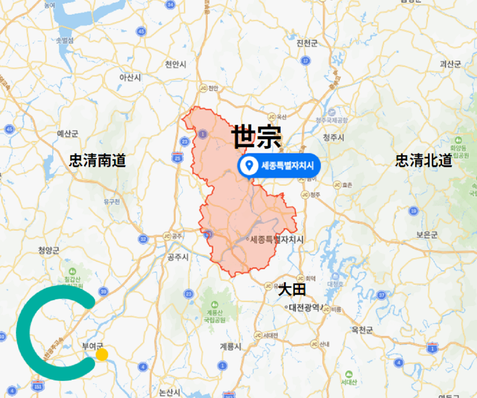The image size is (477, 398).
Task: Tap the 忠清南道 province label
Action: coord(97,161)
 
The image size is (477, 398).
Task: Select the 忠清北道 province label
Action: coord(424,161)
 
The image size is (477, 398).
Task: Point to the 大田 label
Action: coord(292,290)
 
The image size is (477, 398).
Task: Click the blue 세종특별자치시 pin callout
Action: coord(279,165)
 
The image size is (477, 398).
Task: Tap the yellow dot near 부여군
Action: coord(102,354)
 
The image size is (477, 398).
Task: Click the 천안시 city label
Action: coord(176,64)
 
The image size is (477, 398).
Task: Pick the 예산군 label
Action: coord(68,133)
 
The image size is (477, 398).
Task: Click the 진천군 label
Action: coord(307,43)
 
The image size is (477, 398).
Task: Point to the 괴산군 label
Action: coord(450,64)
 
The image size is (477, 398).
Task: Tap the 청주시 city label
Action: coord(334,138)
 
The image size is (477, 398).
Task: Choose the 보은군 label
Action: coord(427,235)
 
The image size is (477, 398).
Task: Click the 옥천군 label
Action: coord(362,330)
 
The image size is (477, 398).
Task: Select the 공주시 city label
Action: coord(178,257)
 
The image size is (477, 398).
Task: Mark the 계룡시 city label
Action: coord(231,347)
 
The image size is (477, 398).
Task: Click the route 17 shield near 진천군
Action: coord(305,61)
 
